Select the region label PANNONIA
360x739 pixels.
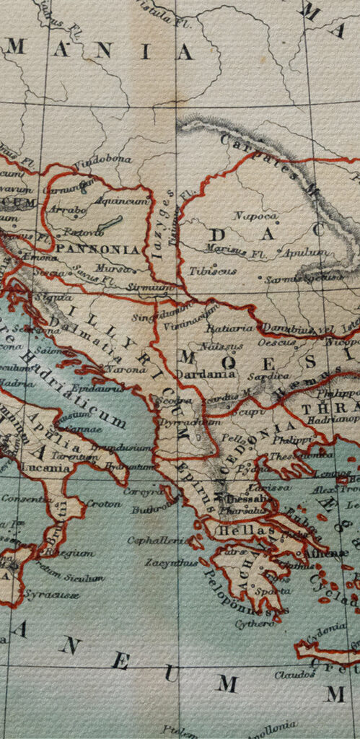[97, 249]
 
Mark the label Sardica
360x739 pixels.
[263, 377]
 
